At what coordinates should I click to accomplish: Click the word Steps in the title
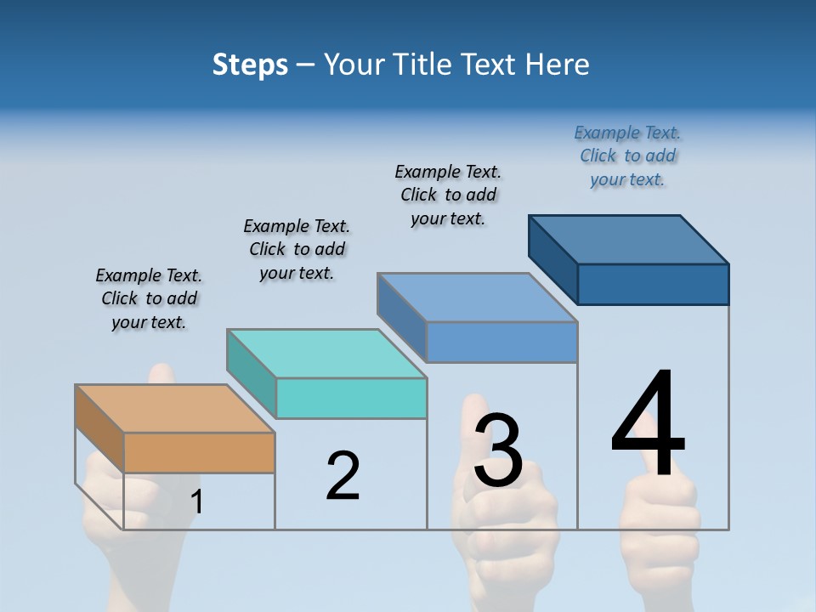(250, 65)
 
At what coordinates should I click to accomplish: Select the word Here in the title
(558, 65)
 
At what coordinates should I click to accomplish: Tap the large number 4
(648, 425)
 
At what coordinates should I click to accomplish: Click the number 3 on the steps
(498, 450)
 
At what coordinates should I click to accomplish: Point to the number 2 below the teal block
(343, 476)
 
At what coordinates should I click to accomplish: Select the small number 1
(197, 502)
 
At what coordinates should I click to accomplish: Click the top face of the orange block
(175, 409)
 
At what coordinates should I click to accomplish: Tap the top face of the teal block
(326, 353)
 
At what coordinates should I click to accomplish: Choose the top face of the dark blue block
(629, 239)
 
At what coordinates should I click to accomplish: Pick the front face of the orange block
(199, 452)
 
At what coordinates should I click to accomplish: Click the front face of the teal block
(351, 398)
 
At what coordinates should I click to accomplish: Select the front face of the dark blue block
(653, 284)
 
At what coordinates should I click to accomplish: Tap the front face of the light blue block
(501, 342)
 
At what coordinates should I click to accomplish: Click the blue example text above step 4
(627, 156)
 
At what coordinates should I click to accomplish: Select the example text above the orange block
(149, 299)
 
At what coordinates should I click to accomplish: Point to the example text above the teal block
(297, 250)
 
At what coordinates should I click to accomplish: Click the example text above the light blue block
(448, 195)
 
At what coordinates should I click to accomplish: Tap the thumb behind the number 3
(472, 425)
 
